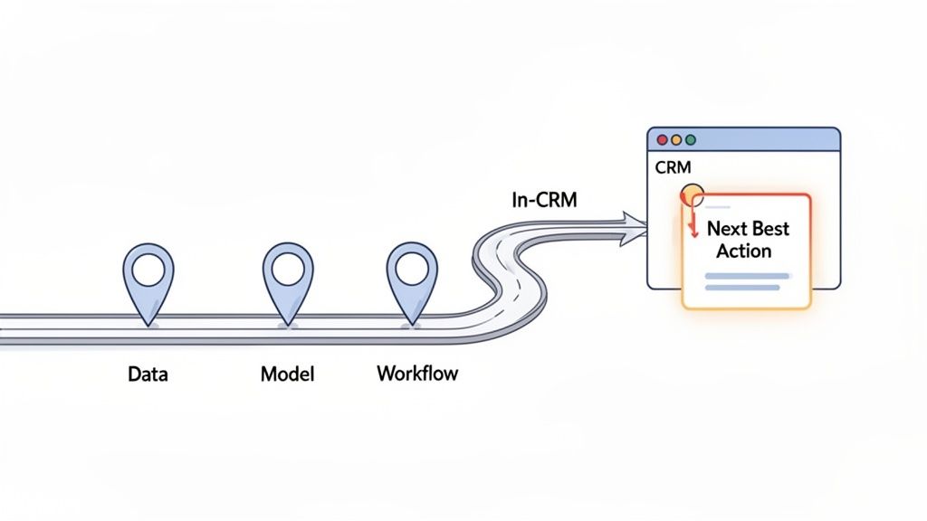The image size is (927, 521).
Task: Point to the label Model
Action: [288, 373]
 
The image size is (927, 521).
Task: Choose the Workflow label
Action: [417, 373]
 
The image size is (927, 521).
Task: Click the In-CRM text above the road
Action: [543, 201]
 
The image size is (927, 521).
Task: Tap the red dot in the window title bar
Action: [663, 140]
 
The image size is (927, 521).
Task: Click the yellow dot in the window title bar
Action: [676, 140]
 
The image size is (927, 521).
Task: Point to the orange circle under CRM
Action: [691, 194]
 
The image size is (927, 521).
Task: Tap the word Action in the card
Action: [743, 251]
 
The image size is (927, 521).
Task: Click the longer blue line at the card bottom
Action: [742, 288]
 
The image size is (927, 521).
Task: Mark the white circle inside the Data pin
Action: [147, 267]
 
